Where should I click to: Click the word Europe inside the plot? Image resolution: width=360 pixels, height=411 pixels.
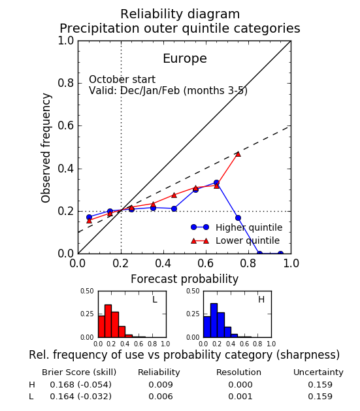coord(185,59)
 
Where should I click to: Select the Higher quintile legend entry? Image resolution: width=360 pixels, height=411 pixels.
coord(237,227)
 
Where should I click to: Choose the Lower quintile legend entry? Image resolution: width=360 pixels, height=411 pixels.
coord(235,240)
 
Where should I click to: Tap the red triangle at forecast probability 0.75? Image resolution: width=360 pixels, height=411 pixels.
coord(238,154)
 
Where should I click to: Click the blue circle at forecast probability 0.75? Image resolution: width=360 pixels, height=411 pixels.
coord(238,218)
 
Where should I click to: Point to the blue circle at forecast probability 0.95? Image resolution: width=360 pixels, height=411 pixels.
coord(280,253)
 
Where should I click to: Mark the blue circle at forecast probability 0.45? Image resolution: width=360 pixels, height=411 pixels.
coord(174,208)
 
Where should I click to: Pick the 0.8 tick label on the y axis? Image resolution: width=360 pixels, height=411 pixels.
coord(66,83)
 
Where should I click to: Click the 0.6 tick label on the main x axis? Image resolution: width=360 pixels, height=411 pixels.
coord(206,263)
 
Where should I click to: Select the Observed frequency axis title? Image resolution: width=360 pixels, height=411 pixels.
coord(46,148)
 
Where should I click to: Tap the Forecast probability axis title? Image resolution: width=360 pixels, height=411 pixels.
coord(184,280)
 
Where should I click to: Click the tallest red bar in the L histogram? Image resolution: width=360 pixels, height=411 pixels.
coord(108,321)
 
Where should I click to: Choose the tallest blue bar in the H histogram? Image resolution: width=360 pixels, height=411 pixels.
coord(214,320)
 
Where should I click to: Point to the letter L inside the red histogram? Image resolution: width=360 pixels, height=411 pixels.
coord(155,299)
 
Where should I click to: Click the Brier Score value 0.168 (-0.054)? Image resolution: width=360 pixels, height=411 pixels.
coord(80,384)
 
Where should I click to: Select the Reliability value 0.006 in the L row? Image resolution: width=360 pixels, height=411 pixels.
coord(161,397)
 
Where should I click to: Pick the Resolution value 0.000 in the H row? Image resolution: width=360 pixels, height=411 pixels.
coord(240,384)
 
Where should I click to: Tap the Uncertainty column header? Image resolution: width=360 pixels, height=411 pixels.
coord(318,372)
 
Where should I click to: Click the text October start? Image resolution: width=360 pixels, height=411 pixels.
coord(122,80)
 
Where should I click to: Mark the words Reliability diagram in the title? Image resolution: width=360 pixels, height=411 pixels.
coord(180,14)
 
